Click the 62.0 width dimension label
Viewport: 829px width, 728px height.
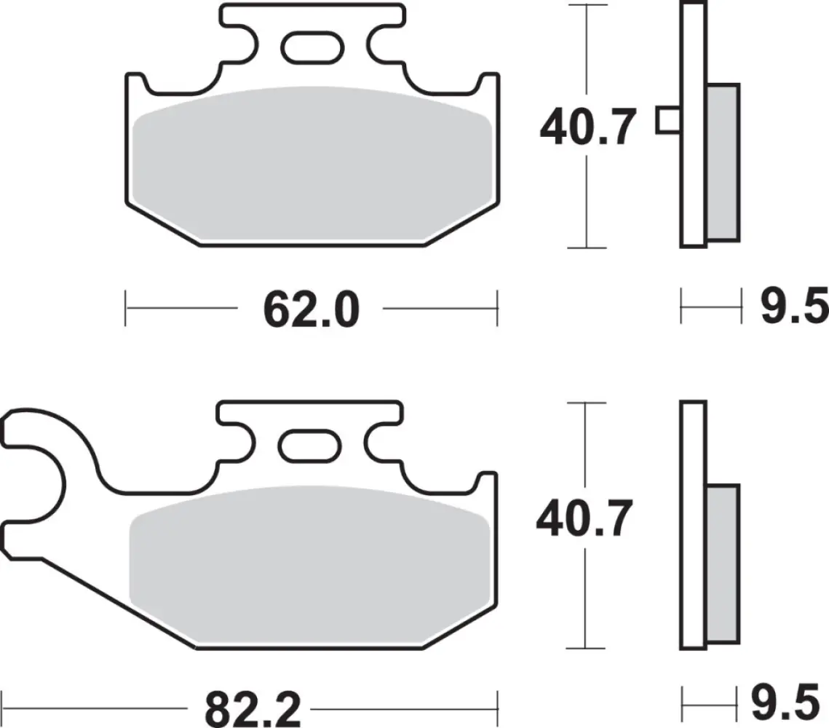(x=311, y=309)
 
